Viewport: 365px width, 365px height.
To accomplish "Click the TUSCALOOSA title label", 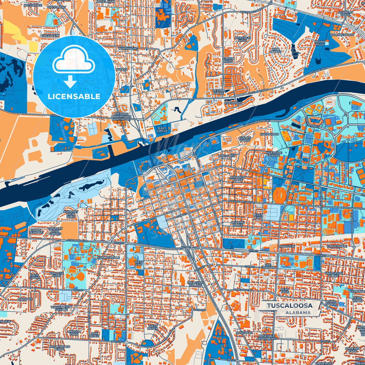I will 289,305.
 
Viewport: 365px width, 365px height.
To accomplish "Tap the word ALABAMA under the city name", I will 298,312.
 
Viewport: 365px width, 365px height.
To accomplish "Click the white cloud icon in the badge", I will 74,62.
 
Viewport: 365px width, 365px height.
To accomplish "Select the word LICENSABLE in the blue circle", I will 74,96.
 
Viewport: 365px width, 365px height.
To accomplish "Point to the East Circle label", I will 162,130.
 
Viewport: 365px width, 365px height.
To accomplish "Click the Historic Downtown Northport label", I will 121,117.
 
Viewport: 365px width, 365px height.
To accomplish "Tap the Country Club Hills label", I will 71,214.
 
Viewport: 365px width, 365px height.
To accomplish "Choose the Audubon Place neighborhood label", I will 237,179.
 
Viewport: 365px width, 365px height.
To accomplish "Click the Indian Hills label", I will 320,43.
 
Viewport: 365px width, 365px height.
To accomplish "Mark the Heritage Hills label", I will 242,39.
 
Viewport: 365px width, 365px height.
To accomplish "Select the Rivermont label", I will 233,103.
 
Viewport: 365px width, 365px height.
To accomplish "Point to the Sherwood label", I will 269,134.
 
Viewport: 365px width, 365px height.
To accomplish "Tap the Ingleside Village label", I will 195,284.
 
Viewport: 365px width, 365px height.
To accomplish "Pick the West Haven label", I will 153,327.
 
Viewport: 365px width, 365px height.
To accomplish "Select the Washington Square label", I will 61,308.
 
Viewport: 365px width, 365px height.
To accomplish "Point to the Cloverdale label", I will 337,246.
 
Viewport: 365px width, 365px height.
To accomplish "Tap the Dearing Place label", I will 238,224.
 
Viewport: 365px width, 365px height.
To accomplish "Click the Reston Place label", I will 218,92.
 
